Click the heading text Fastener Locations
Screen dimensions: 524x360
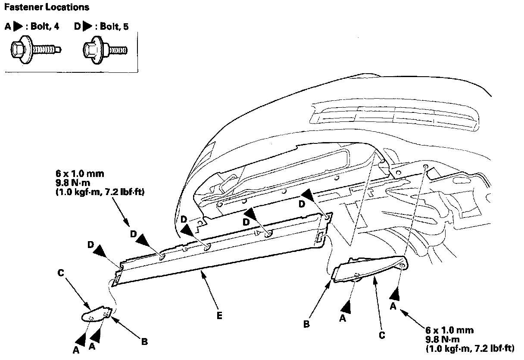(47, 7)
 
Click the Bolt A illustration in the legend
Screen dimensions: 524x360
(36, 50)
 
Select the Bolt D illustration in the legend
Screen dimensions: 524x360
(105, 50)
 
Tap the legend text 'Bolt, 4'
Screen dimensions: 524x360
(45, 26)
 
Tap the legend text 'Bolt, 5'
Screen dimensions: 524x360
(114, 26)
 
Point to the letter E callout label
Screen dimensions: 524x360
(219, 316)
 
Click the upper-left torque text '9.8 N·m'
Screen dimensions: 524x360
(73, 183)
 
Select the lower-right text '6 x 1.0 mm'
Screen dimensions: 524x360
(449, 330)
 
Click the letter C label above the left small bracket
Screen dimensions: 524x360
(61, 273)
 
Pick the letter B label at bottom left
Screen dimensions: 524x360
(144, 342)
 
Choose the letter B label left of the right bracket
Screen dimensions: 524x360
(306, 324)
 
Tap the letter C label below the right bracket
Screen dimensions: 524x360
(382, 335)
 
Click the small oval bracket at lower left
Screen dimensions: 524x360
(97, 315)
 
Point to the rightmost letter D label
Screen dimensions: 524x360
(302, 204)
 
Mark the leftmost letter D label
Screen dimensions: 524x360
(90, 245)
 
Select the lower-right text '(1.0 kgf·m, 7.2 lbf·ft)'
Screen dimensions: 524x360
(470, 348)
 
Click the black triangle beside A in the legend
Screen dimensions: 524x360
(18, 26)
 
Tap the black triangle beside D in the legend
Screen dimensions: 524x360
(87, 26)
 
